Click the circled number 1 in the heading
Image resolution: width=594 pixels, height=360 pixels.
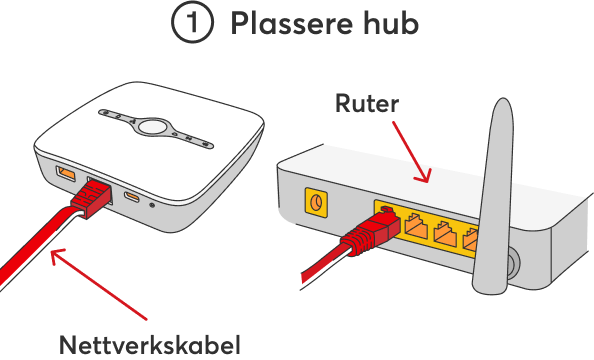point(192,22)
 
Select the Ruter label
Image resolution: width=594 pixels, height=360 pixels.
point(367,103)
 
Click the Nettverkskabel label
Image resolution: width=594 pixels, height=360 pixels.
point(150,345)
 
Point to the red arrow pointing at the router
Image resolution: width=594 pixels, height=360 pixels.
point(412,152)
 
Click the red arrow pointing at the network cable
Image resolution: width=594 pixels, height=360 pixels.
point(98,284)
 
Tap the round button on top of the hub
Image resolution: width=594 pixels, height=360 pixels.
point(152,126)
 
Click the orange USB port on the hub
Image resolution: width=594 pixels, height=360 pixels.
point(66,173)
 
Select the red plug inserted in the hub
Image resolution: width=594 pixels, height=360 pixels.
point(91,198)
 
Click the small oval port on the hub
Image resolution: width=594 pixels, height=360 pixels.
point(132,196)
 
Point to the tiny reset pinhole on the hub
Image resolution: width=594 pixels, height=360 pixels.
point(152,205)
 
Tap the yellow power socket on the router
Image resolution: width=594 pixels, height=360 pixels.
point(316,202)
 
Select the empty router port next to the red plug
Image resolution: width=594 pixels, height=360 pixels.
point(416,226)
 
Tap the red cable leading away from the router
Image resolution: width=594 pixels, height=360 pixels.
point(323,265)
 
